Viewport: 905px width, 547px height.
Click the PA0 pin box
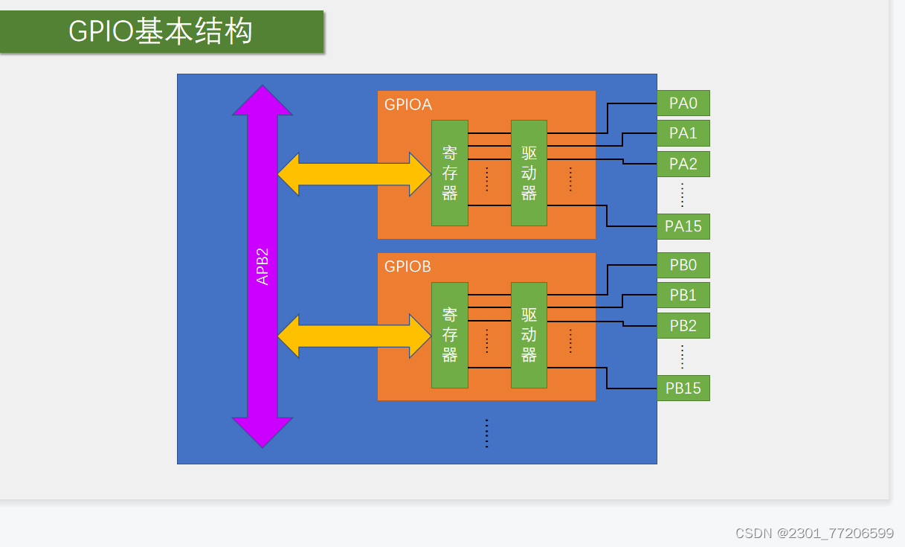[683, 103]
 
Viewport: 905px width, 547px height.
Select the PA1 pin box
[683, 133]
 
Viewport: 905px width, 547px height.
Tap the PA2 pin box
[683, 164]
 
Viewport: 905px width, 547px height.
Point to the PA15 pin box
[683, 226]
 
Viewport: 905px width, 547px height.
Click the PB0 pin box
[683, 266]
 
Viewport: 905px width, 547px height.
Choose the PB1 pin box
[683, 295]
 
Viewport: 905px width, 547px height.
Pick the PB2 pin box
[683, 326]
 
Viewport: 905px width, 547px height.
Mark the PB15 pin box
[683, 388]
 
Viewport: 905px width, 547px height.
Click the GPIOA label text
[408, 105]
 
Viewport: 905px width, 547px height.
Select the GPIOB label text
[408, 266]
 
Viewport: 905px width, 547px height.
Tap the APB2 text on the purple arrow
[263, 266]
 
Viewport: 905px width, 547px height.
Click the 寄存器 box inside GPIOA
[450, 173]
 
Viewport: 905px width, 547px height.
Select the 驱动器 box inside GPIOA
[529, 173]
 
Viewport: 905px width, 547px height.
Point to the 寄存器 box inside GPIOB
[450, 335]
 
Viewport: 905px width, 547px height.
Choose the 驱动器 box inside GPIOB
[529, 335]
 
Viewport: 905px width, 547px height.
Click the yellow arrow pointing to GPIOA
[354, 175]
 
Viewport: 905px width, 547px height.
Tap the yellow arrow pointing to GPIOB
[354, 336]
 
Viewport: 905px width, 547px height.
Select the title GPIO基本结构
[161, 32]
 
